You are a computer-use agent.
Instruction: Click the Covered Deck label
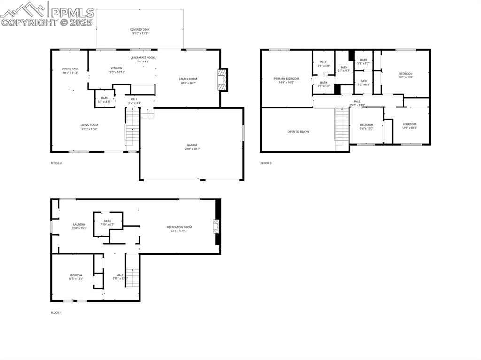coord(140,30)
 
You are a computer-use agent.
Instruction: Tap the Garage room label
coord(192,145)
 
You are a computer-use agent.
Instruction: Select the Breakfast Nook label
coord(143,58)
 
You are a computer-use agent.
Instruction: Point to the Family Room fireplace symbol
coord(222,80)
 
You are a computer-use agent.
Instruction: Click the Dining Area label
coord(70,69)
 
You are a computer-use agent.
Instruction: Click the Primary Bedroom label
coord(286,79)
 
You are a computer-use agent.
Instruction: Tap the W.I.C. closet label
coord(324,62)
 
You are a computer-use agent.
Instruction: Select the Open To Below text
coord(298,132)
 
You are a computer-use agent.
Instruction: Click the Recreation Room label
coord(179,227)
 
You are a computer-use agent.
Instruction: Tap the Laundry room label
coord(79,225)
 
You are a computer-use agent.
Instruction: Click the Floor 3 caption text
coord(266,163)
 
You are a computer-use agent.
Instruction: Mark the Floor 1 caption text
coord(56,312)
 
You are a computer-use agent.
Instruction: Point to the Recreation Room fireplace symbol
coord(217,227)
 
